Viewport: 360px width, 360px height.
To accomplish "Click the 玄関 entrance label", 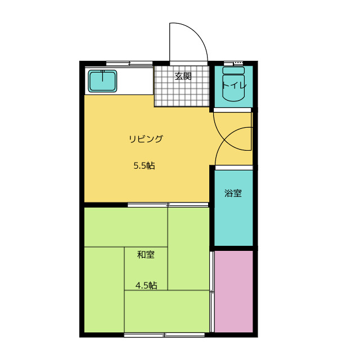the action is click(183, 76).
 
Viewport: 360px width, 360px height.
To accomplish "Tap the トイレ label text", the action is click(234, 85).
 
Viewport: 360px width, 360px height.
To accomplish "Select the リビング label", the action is click(146, 139).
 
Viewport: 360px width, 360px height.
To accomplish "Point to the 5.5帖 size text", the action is click(144, 165).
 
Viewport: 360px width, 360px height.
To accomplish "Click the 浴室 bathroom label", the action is click(233, 193).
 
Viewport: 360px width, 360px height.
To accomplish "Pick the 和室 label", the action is click(146, 255).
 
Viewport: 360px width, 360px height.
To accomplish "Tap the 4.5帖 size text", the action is click(146, 285).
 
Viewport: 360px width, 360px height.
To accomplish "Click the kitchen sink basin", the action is click(102, 81).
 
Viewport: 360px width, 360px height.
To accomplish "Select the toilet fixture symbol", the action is click(233, 84).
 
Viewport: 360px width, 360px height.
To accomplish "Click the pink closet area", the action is click(234, 291).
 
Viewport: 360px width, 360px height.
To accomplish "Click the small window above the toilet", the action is click(233, 63).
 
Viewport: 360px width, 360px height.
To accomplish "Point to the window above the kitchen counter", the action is click(129, 63).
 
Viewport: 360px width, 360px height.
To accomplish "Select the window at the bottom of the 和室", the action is click(164, 335).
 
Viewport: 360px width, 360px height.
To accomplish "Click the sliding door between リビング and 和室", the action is click(168, 205).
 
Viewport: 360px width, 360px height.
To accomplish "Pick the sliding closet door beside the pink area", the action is click(212, 291).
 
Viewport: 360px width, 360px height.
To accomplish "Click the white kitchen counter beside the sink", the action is click(135, 81).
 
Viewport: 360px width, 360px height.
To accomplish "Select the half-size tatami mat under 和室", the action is click(146, 269).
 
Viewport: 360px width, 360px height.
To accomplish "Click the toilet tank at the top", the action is click(233, 70).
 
